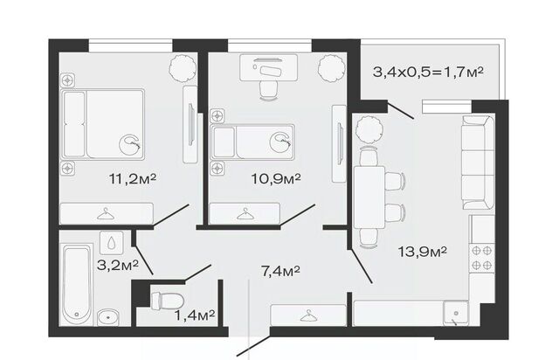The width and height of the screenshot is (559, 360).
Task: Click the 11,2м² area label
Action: coord(133,178)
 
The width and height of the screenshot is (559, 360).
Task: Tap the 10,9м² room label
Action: coord(276,178)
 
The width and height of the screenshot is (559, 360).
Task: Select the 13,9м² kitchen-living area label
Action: coord(423,252)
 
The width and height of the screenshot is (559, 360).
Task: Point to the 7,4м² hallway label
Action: coord(280,271)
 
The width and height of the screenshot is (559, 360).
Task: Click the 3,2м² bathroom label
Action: coord(118,265)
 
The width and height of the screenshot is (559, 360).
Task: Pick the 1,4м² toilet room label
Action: coord(195,315)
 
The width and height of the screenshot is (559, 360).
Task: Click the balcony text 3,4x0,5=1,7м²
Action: coord(428,73)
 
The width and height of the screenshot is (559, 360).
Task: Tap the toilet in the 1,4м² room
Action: coord(167,301)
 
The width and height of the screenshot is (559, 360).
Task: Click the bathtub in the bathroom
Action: coord(76,285)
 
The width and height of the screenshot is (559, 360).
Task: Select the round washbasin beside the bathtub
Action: coord(108,317)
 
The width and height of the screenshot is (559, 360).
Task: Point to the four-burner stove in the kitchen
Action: coord(481,258)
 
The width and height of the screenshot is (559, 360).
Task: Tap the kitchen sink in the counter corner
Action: coord(456,313)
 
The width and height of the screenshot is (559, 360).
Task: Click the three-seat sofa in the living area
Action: coord(478,163)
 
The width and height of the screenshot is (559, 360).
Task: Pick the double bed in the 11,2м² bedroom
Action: coord(103,124)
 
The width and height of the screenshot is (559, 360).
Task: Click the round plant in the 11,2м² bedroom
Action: coord(183,68)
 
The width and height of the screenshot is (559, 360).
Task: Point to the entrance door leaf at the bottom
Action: coord(254,345)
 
